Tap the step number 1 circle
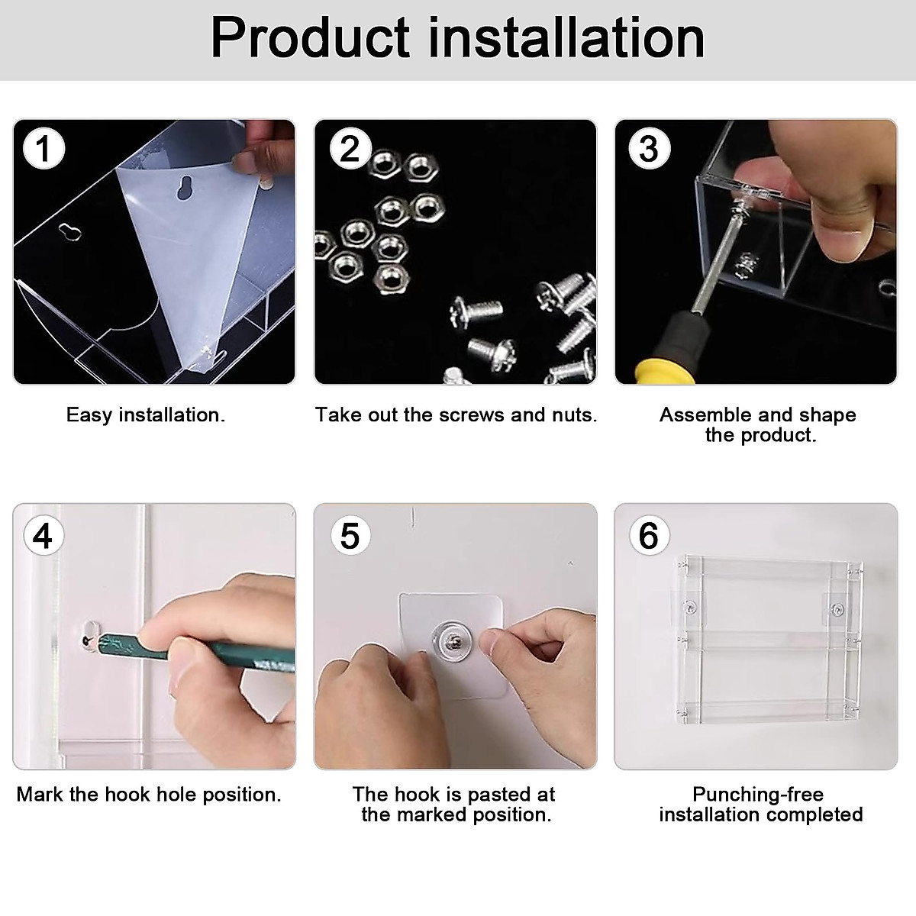pyautogui.click(x=44, y=149)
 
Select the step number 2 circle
pyautogui.click(x=350, y=148)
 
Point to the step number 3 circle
pyautogui.click(x=650, y=149)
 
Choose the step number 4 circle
pyautogui.click(x=43, y=536)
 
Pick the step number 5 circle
pyautogui.click(x=350, y=536)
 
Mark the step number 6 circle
pyautogui.click(x=649, y=536)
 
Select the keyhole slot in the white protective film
pyautogui.click(x=185, y=187)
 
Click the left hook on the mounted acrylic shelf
pyautogui.click(x=689, y=607)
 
